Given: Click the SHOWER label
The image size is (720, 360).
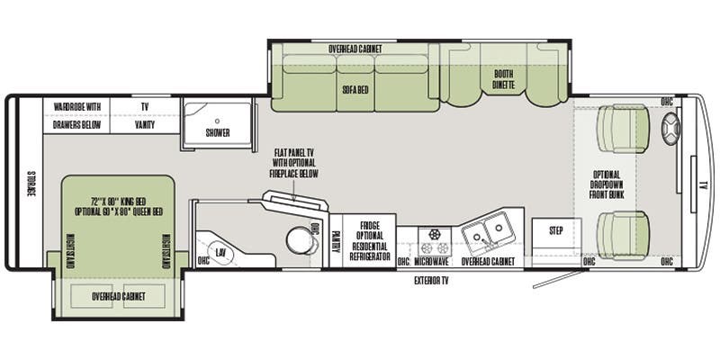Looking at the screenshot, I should (x=217, y=133).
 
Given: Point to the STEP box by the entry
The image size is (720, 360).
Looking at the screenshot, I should (x=556, y=231).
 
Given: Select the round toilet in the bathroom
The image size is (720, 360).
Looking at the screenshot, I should (x=296, y=240).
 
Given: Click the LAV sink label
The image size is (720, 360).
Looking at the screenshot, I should (x=220, y=254).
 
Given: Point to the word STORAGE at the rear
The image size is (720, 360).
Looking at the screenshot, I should (x=29, y=184).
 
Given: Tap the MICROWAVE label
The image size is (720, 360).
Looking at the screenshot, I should (x=431, y=262).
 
